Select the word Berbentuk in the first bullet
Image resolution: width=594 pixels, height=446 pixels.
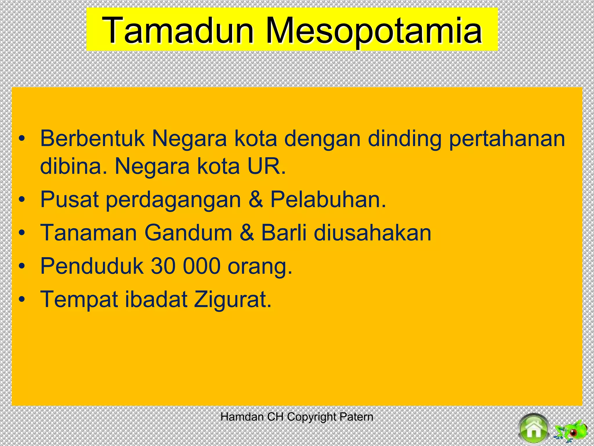(x=92, y=138)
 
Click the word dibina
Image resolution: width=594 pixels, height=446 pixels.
(x=74, y=166)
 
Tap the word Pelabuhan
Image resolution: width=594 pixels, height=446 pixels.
(x=328, y=199)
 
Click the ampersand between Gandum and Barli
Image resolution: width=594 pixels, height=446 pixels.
(x=247, y=233)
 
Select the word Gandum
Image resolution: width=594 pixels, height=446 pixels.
(x=188, y=233)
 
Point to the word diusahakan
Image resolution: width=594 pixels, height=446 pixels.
(x=372, y=233)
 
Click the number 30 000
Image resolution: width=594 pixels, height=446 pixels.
(x=186, y=266)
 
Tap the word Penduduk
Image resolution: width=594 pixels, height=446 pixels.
(x=92, y=266)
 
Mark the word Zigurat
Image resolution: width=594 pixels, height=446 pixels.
(x=232, y=300)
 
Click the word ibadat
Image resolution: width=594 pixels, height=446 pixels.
(x=156, y=299)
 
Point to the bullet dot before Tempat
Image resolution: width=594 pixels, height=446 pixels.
(x=22, y=300)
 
